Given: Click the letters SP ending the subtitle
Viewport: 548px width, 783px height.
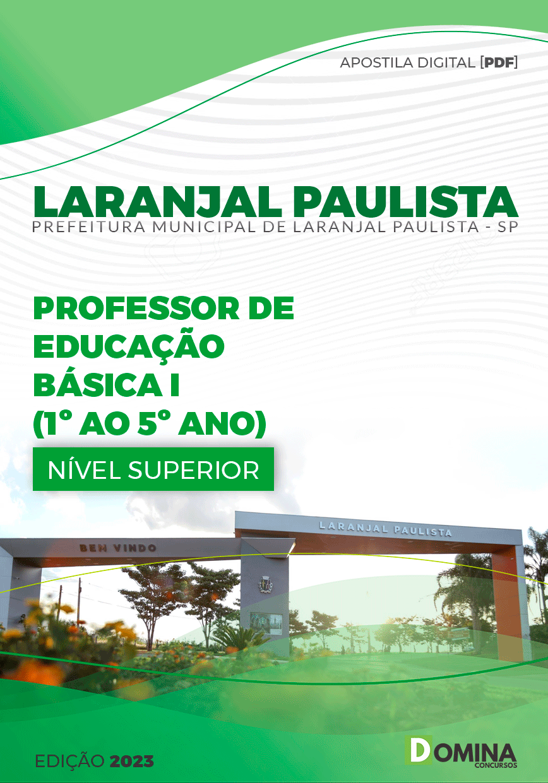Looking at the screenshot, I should pos(507,228).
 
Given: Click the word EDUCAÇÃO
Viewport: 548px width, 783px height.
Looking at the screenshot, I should pos(129,346).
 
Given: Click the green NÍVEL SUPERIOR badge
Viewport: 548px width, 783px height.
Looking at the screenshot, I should pos(153,469).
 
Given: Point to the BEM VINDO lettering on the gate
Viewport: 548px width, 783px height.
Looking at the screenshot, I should pos(118,548).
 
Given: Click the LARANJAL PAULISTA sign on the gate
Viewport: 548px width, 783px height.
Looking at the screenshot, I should pos(386,529).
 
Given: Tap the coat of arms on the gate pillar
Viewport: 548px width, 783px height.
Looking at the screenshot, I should pos(264,585).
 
